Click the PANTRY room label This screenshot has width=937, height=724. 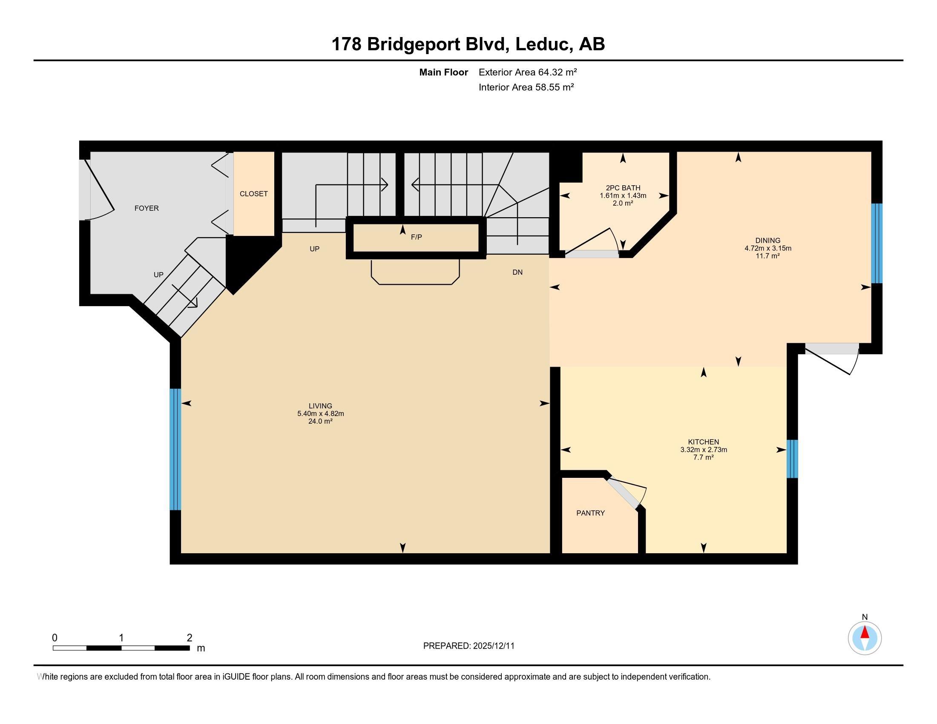coord(590,513)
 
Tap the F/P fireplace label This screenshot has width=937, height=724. coord(416,237)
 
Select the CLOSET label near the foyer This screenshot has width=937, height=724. coord(253,194)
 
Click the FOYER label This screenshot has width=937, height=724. coord(147,208)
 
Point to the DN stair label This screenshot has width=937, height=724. coord(517,273)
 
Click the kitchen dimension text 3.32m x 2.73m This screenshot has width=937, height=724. coord(704,450)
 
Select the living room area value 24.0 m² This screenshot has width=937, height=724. coord(320,421)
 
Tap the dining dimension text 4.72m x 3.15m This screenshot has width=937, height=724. coord(767,248)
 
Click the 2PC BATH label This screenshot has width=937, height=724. coord(623,188)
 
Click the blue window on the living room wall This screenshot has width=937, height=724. coord(175,449)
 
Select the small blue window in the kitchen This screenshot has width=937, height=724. coord(792,459)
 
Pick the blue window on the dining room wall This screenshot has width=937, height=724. coord(877,243)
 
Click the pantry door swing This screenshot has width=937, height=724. coord(629,493)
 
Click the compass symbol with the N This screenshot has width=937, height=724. coord(865,638)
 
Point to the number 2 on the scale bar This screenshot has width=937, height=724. coord(189,638)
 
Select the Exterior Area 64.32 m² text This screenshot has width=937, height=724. coord(527,72)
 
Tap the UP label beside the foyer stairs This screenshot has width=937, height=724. coord(158,275)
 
